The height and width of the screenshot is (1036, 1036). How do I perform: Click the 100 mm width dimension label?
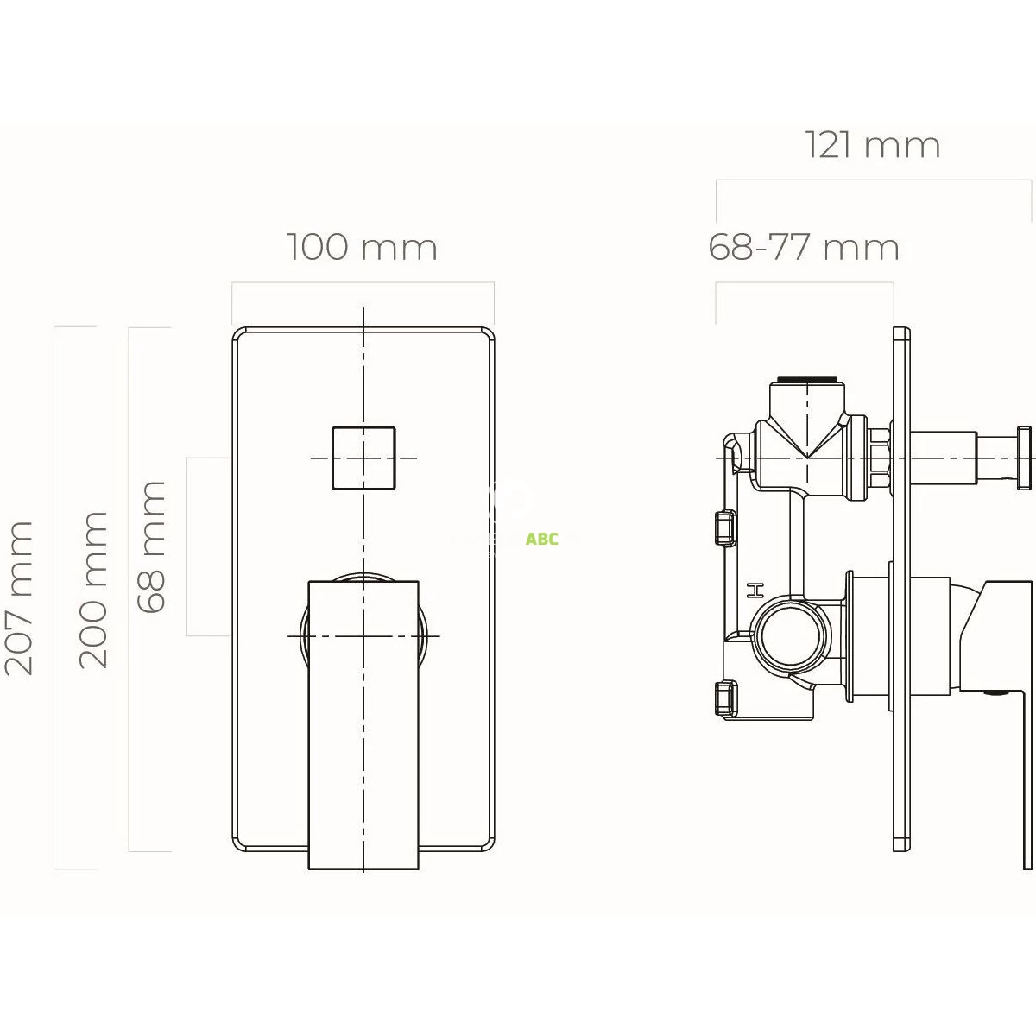(363, 247)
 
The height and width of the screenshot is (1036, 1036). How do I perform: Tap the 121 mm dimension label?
(873, 145)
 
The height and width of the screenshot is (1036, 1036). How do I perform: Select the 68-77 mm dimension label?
(804, 247)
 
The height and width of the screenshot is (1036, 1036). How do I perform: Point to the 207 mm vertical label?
(18, 597)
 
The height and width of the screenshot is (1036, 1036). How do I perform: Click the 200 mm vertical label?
(93, 591)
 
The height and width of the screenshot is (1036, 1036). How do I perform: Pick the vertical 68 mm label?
(150, 546)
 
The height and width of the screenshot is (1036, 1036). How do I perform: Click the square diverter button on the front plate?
(363, 458)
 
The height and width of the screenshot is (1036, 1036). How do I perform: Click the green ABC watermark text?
(542, 539)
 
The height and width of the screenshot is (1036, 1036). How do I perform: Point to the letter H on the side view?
(756, 591)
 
